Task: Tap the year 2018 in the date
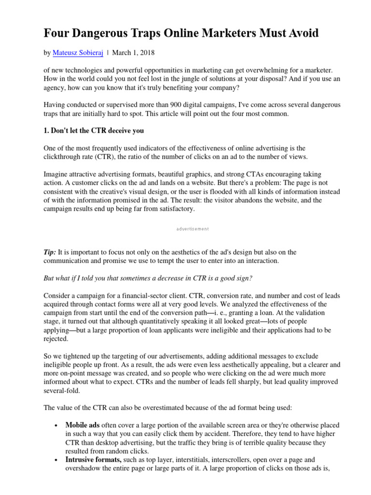pos(146,52)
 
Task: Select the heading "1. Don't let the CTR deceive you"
pos(94,131)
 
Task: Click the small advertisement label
pos(192,229)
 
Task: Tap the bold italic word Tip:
pos(50,252)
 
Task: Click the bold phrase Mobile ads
pos(82,425)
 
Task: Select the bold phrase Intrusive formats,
pos(93,460)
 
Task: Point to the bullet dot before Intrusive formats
pos(57,460)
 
